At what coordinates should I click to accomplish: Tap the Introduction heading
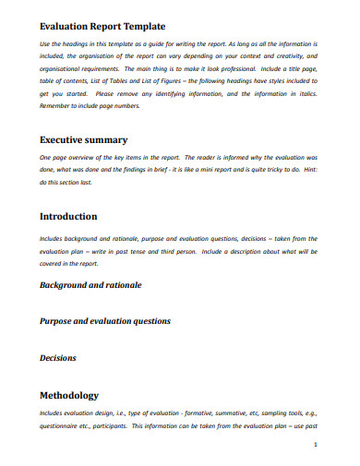[x=68, y=217]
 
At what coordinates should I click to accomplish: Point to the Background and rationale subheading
[x=90, y=285]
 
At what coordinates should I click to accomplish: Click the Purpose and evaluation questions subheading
[x=104, y=321]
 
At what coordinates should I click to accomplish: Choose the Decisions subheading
[x=57, y=357]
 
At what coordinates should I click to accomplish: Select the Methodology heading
[x=70, y=393]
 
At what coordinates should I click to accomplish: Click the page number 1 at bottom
[x=316, y=444]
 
